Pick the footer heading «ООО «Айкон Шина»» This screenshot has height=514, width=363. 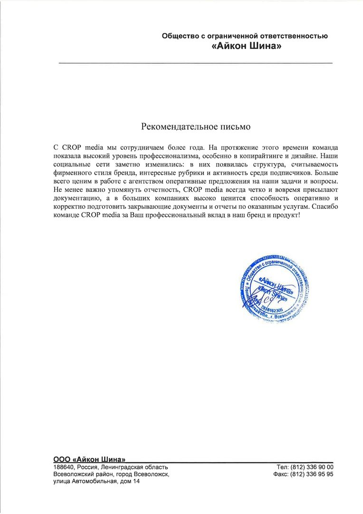(x=89, y=459)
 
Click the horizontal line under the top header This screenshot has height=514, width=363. (x=195, y=63)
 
